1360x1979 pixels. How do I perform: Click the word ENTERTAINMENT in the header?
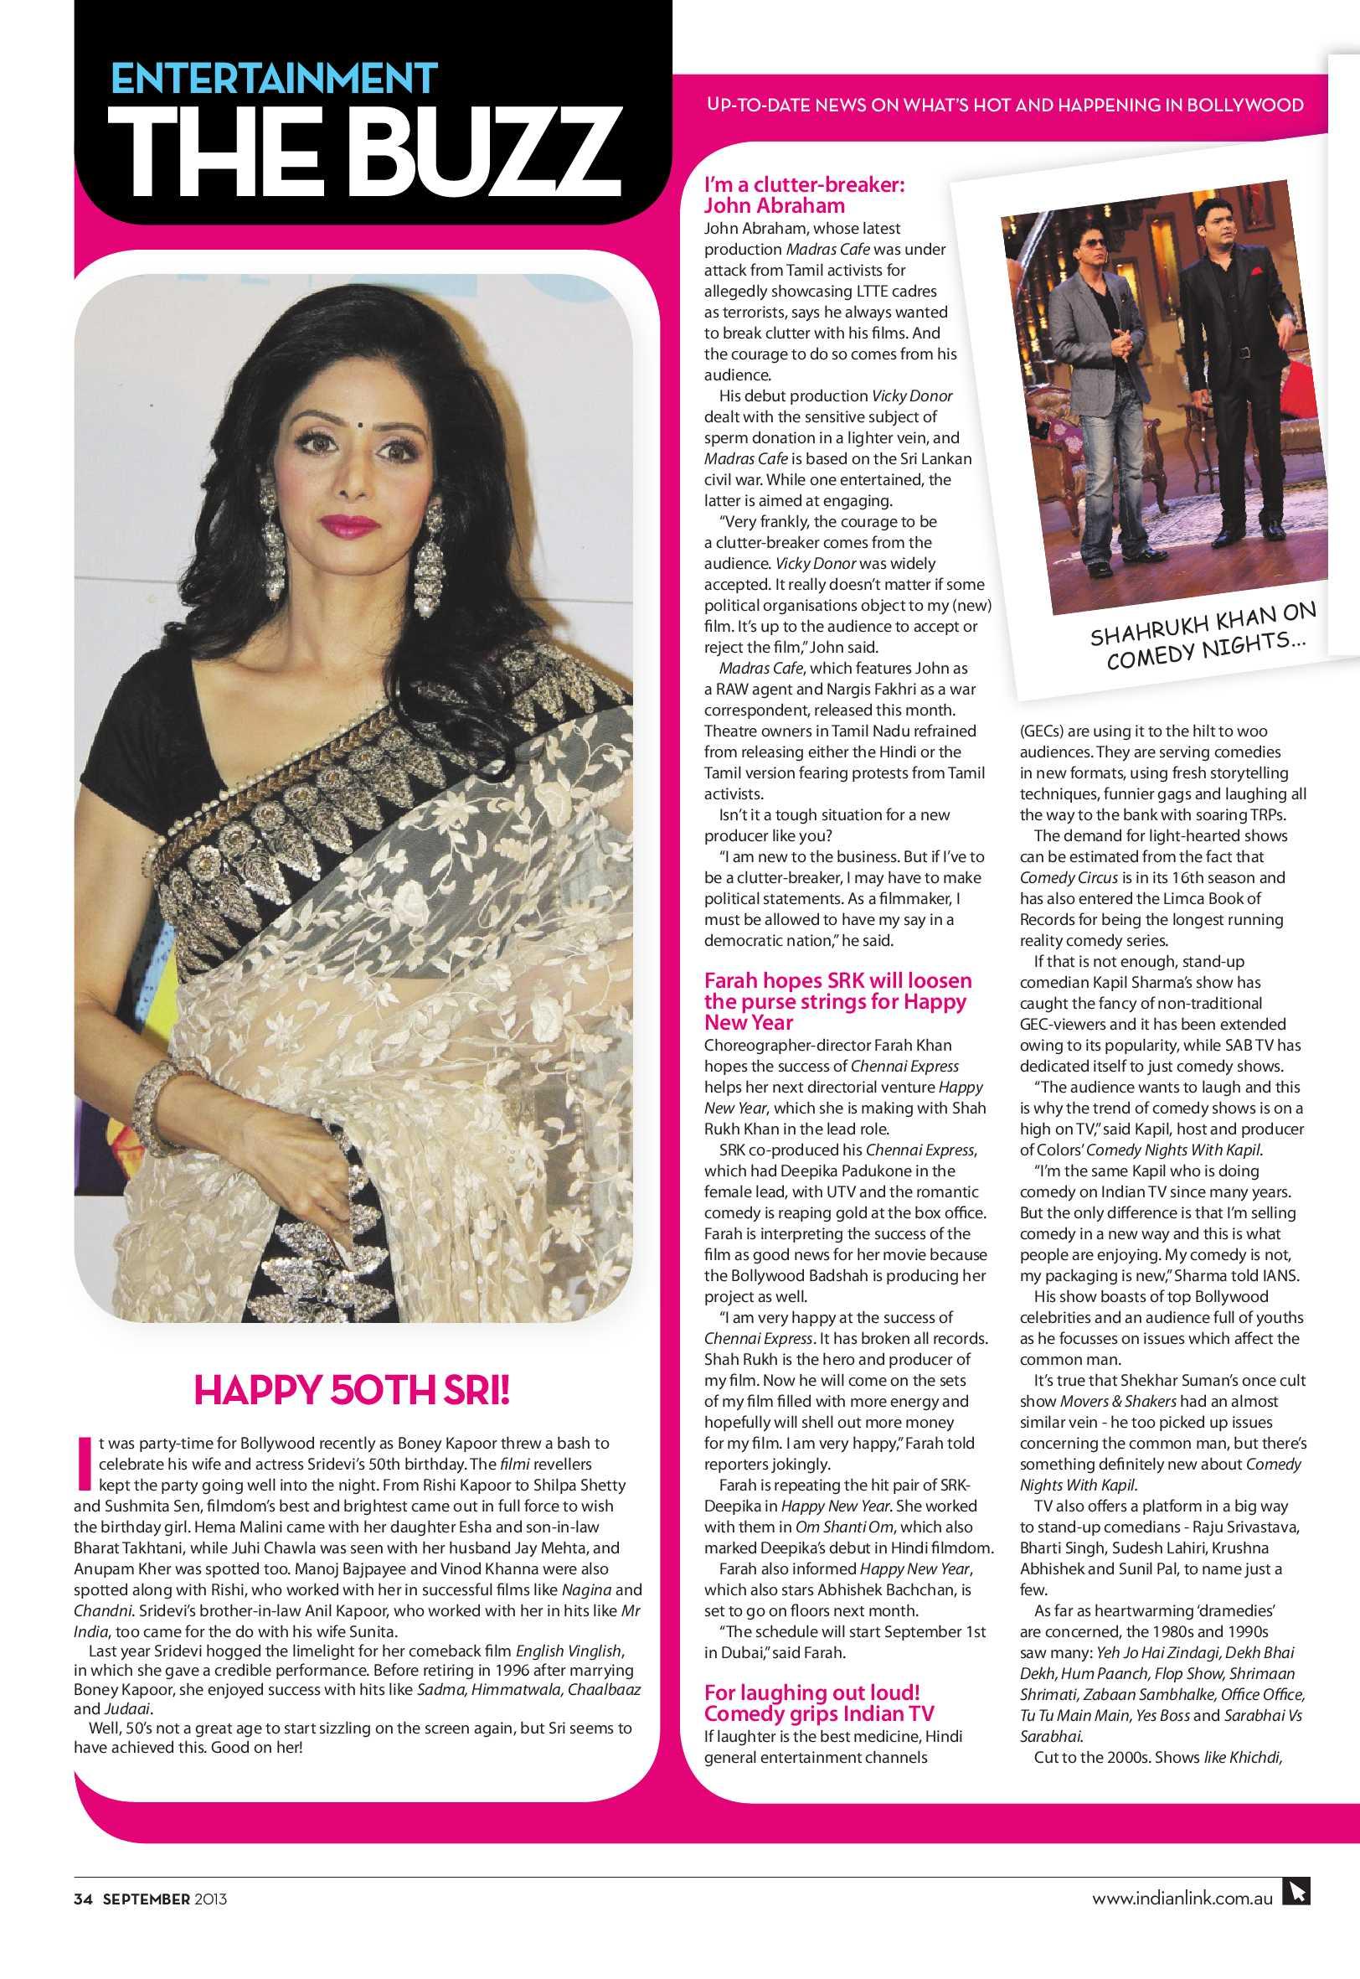point(276,80)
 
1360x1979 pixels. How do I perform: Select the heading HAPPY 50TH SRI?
point(353,1391)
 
